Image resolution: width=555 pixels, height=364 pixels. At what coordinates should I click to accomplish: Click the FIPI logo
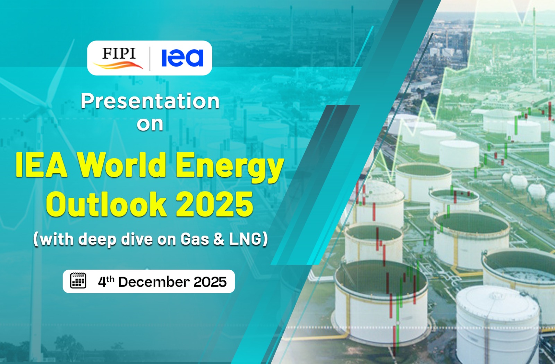(x=118, y=58)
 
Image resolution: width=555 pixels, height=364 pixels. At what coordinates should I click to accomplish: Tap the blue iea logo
(x=182, y=58)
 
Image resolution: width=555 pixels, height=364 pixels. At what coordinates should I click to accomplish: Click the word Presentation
(x=150, y=101)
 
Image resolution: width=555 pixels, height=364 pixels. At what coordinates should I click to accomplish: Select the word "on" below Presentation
(x=150, y=124)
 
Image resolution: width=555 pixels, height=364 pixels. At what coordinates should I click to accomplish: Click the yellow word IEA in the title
(x=41, y=165)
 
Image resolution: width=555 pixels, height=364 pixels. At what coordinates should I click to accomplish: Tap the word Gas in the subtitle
(x=195, y=239)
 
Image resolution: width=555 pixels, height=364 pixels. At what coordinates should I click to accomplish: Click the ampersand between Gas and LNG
(x=219, y=239)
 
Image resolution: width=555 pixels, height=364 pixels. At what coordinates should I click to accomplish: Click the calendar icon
(x=78, y=281)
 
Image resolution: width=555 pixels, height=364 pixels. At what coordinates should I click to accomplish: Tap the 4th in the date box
(x=106, y=281)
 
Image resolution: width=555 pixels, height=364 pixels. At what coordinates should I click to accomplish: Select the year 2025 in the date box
(x=210, y=282)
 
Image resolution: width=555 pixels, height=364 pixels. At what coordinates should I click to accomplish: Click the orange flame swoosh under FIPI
(x=118, y=65)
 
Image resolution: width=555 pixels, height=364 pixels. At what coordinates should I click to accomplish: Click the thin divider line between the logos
(x=150, y=59)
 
